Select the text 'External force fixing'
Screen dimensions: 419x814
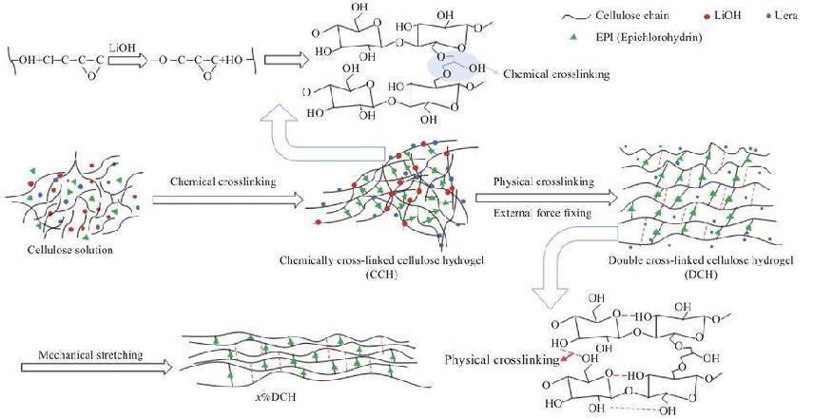pyautogui.click(x=539, y=214)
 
